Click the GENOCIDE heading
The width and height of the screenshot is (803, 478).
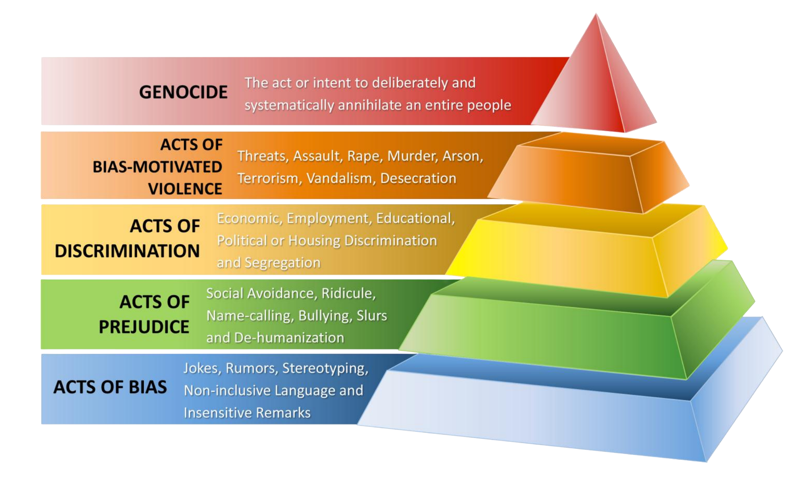point(183,92)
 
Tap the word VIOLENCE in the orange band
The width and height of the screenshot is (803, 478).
point(185,189)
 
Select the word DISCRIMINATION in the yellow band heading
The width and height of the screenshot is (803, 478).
point(127,251)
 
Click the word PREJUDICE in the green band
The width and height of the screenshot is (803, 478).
point(144,327)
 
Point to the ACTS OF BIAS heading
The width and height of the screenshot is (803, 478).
point(110,387)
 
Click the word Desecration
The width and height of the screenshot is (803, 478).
point(418,178)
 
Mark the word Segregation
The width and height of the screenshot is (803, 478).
point(282,263)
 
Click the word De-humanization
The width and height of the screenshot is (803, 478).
point(289,338)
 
